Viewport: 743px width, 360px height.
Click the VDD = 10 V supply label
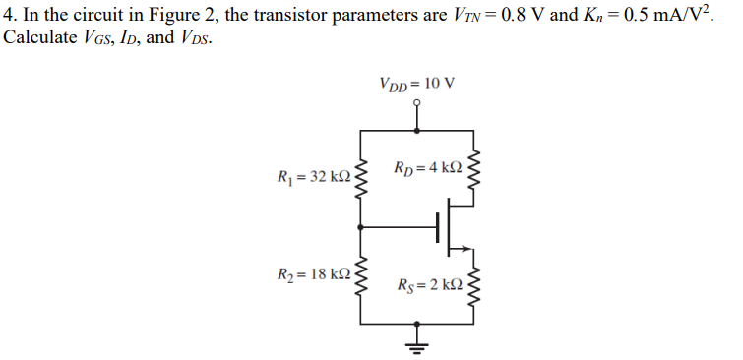pyautogui.click(x=416, y=81)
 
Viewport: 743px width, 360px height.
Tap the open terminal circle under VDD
pyautogui.click(x=417, y=101)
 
